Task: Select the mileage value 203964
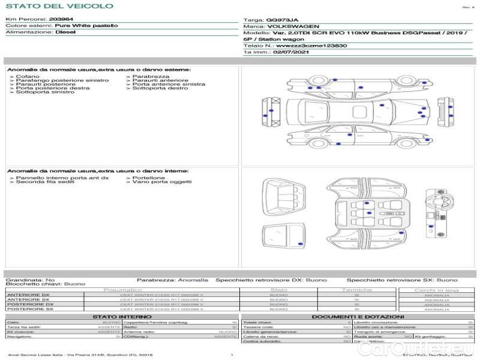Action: click(x=61, y=19)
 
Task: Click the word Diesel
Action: click(x=65, y=32)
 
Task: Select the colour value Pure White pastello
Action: click(x=86, y=26)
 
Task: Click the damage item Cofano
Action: click(x=28, y=77)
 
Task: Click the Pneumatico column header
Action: click(x=139, y=290)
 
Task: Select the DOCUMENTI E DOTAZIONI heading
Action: click(x=358, y=316)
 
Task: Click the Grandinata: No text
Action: click(x=30, y=280)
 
